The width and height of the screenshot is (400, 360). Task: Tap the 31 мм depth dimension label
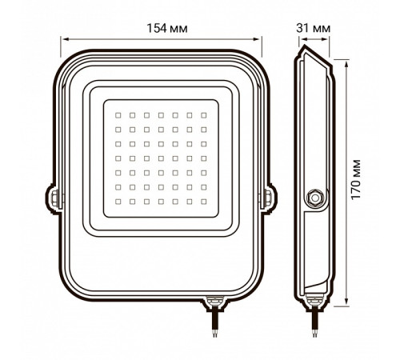[314, 29]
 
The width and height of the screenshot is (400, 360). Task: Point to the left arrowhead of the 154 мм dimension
[66, 38]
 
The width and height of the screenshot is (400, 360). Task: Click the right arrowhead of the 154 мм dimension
[260, 38]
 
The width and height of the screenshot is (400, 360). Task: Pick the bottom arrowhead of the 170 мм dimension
[346, 305]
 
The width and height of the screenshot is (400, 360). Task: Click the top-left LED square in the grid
[118, 115]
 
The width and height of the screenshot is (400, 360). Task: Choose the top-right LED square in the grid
[204, 115]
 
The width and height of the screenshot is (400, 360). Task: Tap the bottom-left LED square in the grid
[118, 202]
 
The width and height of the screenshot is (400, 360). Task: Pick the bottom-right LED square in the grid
[204, 202]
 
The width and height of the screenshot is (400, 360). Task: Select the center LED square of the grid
[161, 158]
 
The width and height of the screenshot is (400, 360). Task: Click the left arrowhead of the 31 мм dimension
[298, 38]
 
